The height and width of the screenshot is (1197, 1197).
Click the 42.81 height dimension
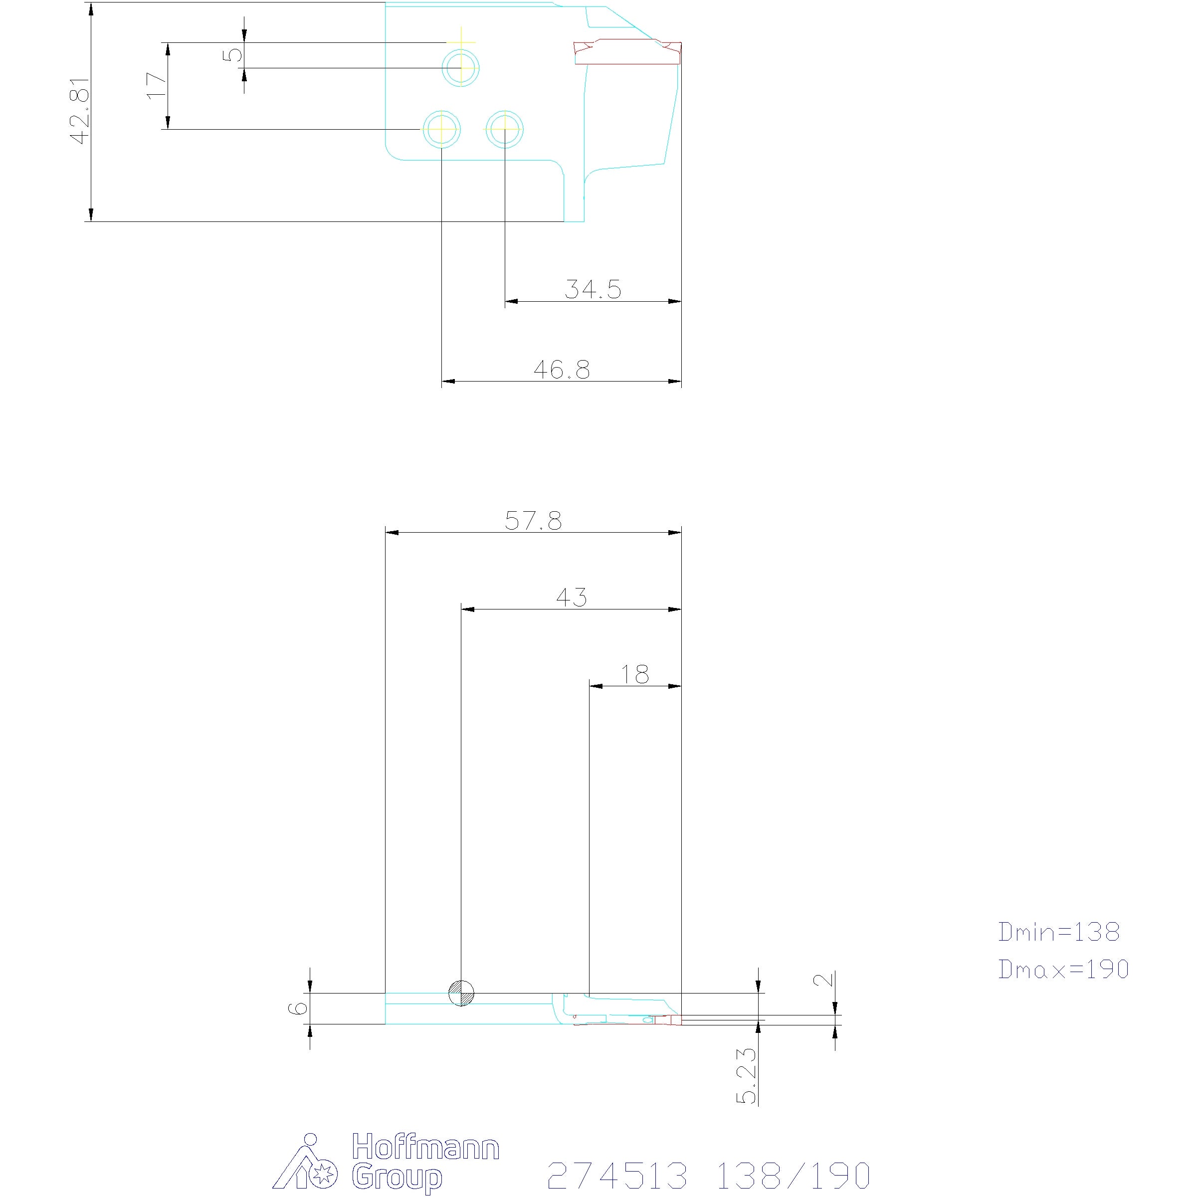coord(81,112)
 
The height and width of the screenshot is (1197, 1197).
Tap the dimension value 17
coord(157,85)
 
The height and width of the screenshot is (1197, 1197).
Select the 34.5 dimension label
coord(593,289)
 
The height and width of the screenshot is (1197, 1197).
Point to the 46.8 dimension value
coord(562,370)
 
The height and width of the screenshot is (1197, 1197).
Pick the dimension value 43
coord(571,598)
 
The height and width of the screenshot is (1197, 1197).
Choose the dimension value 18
coord(635,675)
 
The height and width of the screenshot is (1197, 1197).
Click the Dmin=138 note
coord(1059,949)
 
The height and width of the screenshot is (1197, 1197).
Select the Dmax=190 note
coord(1063,987)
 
